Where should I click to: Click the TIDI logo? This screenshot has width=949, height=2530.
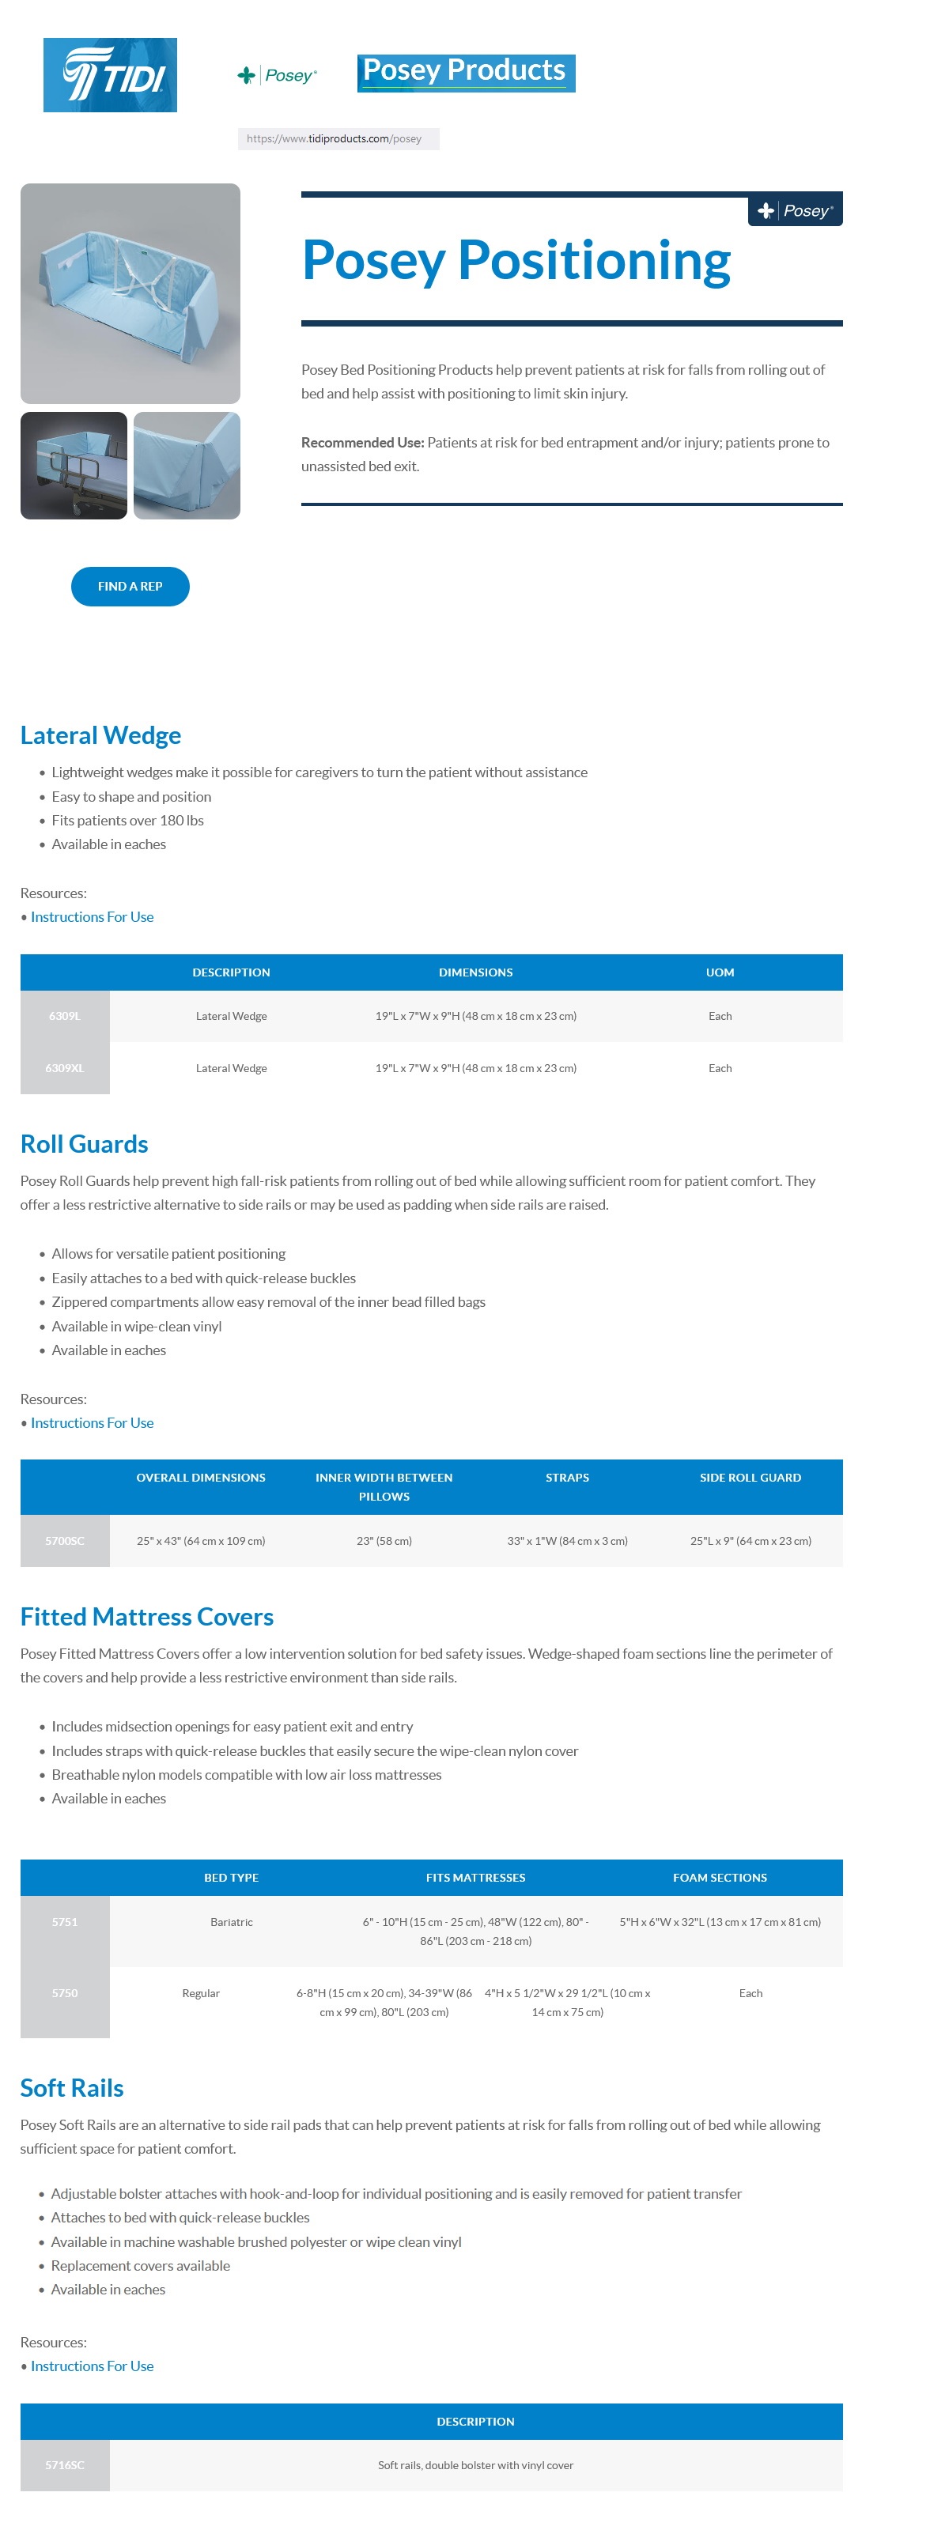coord(110,74)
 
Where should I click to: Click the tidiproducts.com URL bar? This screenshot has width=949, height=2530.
coord(337,138)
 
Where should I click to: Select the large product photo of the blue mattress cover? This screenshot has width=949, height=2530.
coord(130,293)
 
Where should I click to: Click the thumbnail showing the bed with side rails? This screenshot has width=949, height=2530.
coord(74,465)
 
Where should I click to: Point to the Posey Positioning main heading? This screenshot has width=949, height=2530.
coord(516,260)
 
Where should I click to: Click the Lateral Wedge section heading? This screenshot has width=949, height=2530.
coord(100,734)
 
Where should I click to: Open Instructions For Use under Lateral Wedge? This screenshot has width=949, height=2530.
coord(92,916)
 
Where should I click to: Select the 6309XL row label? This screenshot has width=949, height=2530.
coord(64,1067)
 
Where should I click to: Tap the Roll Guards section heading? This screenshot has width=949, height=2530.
coord(84,1143)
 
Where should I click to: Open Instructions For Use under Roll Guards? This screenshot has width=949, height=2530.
coord(92,1422)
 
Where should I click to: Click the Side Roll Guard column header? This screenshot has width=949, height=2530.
coord(750,1477)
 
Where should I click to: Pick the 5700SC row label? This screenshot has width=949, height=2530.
coord(64,1540)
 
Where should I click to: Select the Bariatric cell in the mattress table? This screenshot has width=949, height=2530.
coord(231,1921)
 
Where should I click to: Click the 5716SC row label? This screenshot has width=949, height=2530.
coord(64,2464)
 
